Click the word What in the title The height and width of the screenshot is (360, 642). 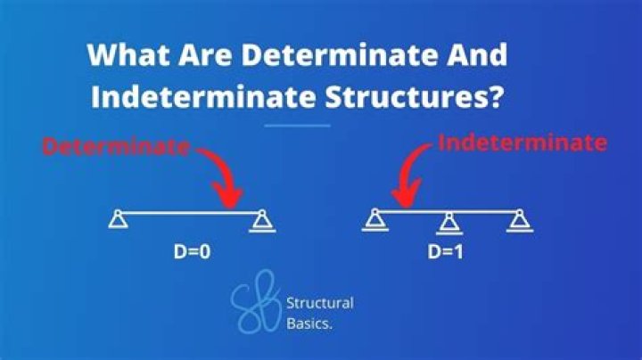(x=122, y=54)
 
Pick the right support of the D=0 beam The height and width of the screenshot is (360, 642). (x=262, y=220)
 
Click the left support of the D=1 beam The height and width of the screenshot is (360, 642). (x=375, y=220)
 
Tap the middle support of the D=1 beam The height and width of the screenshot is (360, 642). (x=448, y=222)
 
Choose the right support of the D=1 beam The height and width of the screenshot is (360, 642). (x=517, y=220)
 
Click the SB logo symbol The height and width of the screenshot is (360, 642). (x=254, y=303)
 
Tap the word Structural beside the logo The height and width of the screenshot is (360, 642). (x=319, y=303)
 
